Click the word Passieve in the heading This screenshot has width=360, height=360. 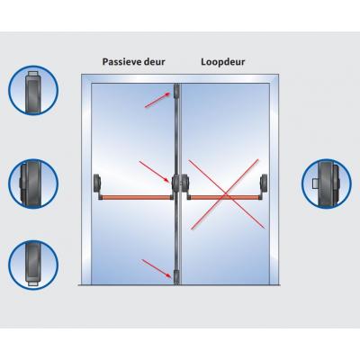[122, 62]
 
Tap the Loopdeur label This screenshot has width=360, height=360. [223, 62]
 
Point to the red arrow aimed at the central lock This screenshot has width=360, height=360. [155, 172]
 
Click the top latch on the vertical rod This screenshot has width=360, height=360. [176, 91]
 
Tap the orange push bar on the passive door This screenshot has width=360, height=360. [136, 197]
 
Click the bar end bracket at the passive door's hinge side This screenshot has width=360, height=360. [97, 186]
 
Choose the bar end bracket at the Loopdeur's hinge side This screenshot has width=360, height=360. [264, 186]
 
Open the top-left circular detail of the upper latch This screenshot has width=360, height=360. [33, 90]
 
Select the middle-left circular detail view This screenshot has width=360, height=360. [33, 184]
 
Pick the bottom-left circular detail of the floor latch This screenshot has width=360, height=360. [33, 265]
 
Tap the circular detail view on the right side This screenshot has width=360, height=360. [327, 184]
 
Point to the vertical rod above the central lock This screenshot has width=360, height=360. [176, 136]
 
